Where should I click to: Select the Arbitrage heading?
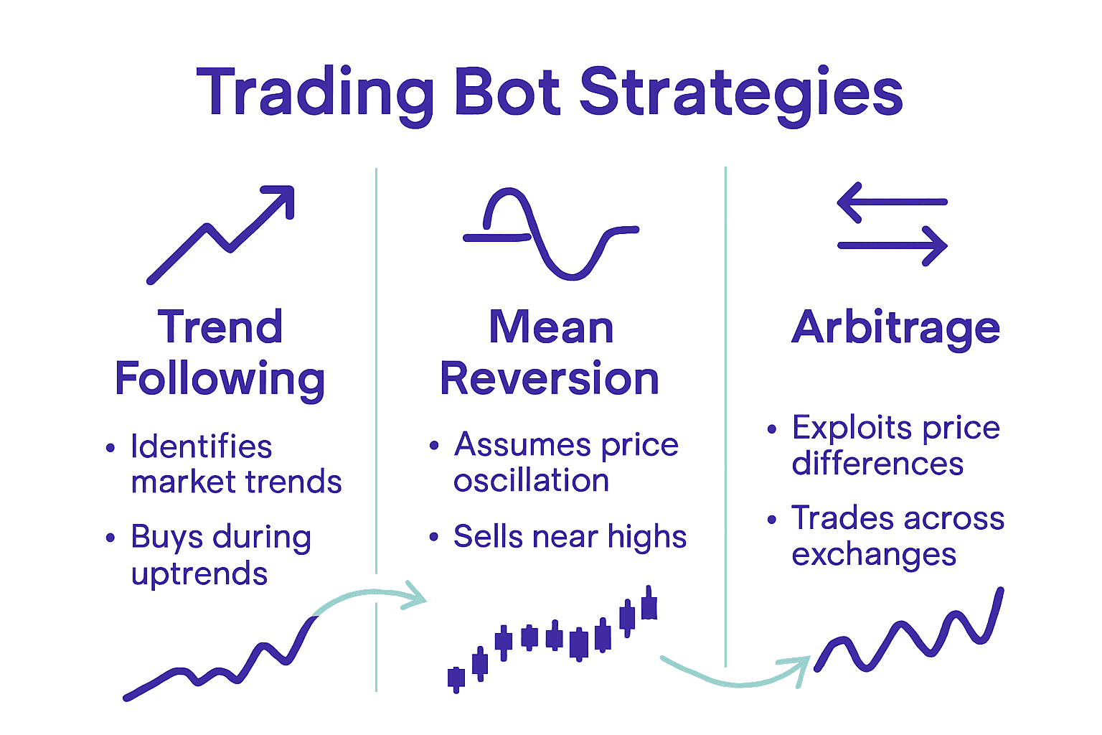coord(895,329)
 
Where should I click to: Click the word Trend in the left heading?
coord(220,327)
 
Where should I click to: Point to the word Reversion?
coord(550,379)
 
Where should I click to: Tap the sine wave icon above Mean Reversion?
coord(550,234)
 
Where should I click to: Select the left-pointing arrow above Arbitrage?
coord(892,202)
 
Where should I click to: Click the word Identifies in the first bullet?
coord(202,446)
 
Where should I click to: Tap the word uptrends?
coord(199,574)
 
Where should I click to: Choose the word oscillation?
coord(531,481)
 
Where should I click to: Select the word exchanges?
coord(874,555)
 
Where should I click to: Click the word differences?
coord(877,464)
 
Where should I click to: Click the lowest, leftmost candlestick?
coord(456,678)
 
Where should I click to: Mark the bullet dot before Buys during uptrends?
coord(110,538)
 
